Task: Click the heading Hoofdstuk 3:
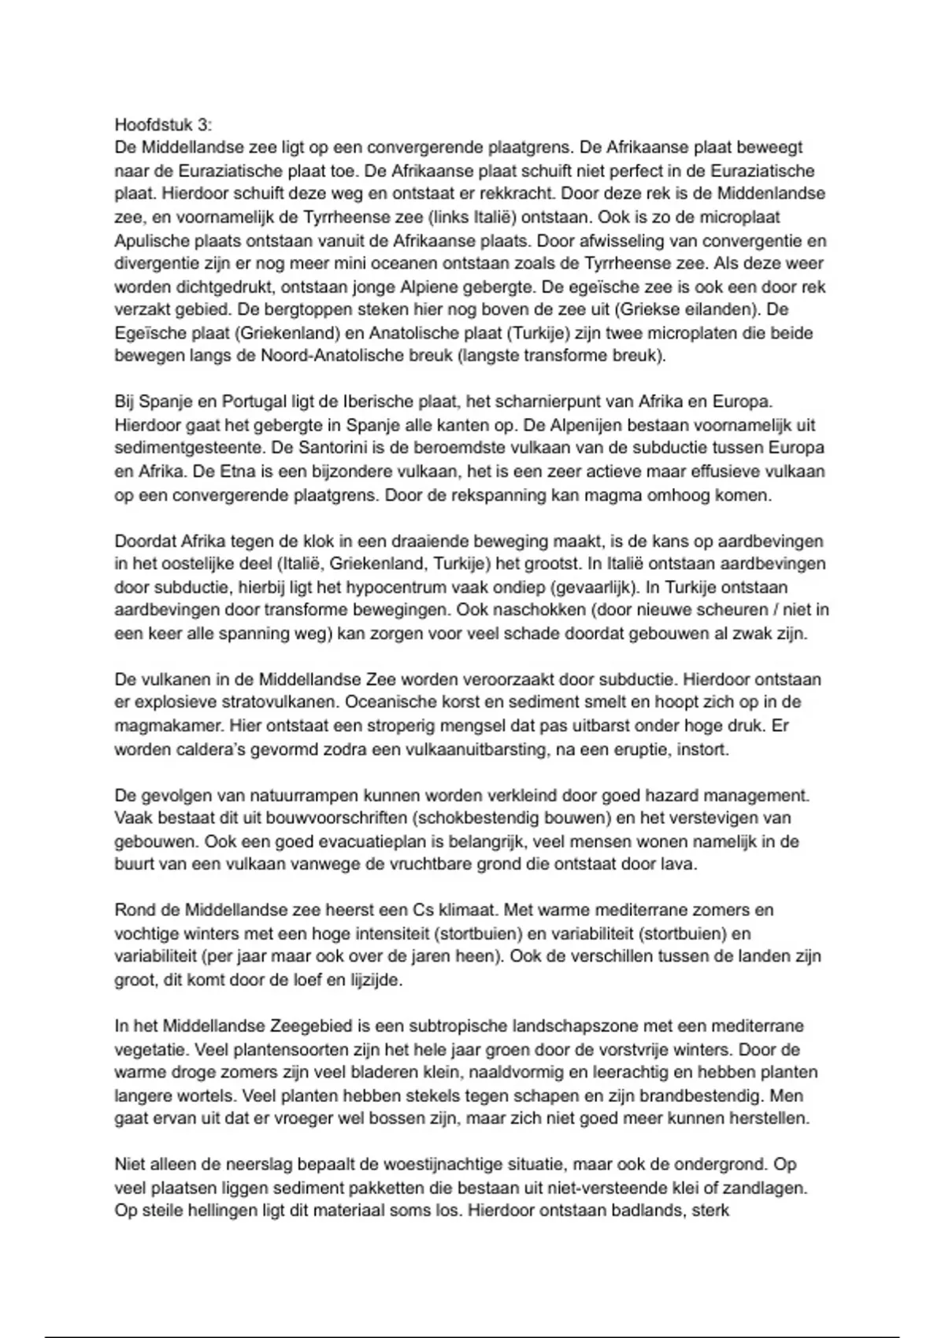(x=163, y=124)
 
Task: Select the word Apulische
(x=151, y=240)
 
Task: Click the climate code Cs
(x=423, y=911)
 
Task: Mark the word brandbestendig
(x=698, y=1096)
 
